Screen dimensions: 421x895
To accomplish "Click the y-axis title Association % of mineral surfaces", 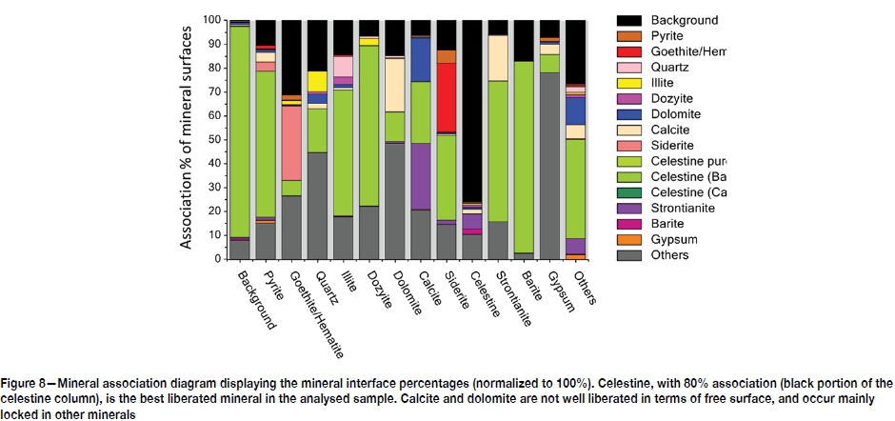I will pyautogui.click(x=189, y=137).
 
